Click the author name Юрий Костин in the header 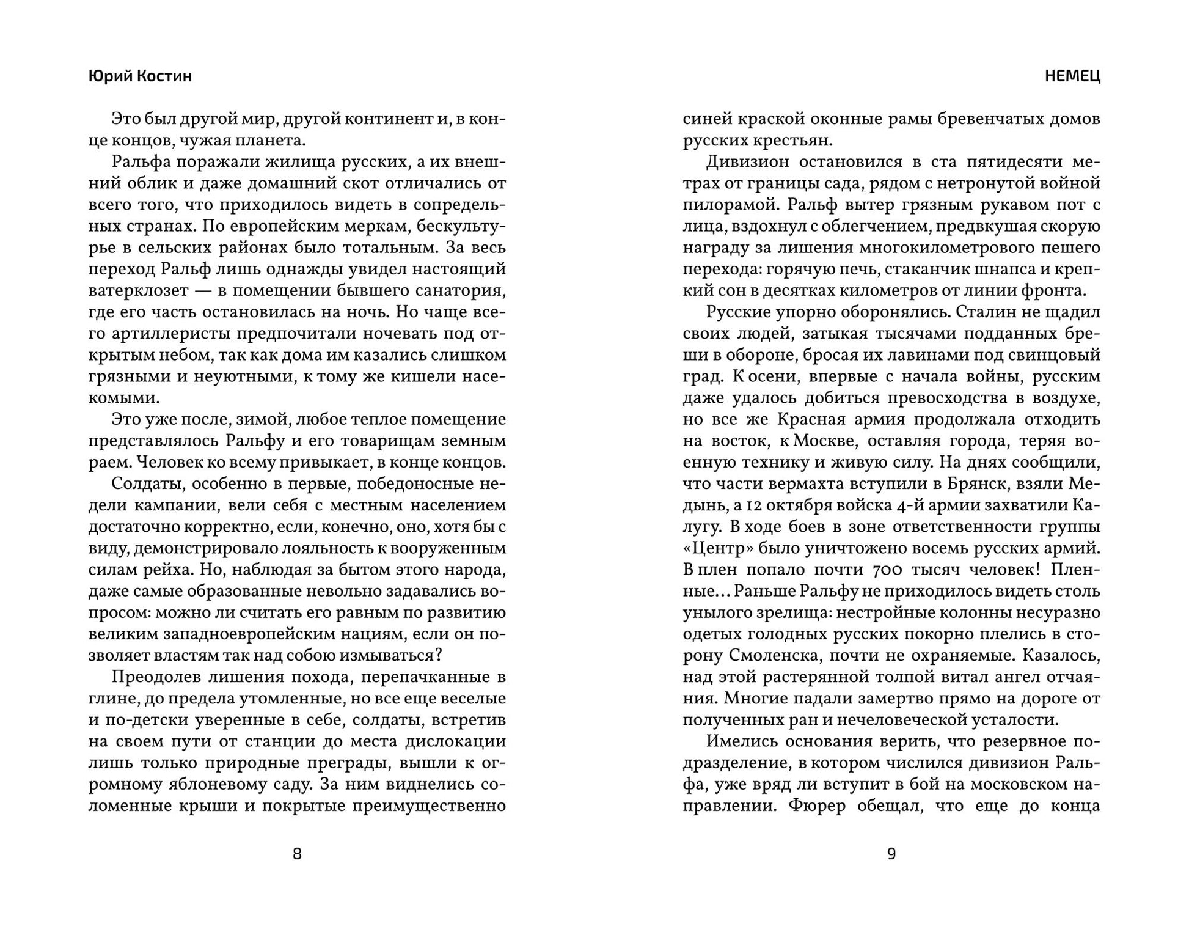[140, 76]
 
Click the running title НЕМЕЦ [1072, 76]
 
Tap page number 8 [297, 854]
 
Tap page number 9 [891, 854]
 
